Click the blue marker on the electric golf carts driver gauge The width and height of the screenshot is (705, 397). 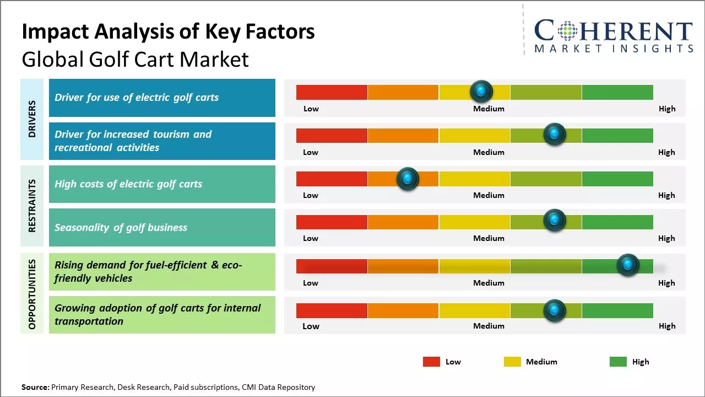tap(481, 91)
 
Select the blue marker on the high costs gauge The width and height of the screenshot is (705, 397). tap(408, 178)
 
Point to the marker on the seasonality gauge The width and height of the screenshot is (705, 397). tap(554, 221)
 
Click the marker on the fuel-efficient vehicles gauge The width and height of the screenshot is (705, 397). tap(627, 265)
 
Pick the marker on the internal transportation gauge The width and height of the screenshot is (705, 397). tap(554, 310)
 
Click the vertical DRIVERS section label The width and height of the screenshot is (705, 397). tap(32, 119)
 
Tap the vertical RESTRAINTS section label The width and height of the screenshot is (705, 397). tap(32, 206)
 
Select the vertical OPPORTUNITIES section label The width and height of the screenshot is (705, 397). tap(32, 294)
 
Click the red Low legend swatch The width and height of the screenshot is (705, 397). tap(431, 362)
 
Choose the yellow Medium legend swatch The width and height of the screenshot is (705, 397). tap(512, 362)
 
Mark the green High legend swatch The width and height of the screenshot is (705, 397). tap(618, 362)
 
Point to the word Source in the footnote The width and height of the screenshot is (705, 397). tap(35, 387)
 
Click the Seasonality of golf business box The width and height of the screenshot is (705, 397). tap(162, 227)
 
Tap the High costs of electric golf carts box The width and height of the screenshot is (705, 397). tap(162, 184)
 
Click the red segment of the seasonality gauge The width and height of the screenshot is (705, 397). tap(332, 222)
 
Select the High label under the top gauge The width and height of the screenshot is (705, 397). tap(667, 109)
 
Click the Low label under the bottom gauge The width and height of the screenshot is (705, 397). tap(311, 326)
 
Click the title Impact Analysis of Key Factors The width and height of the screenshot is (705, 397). tap(168, 31)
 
